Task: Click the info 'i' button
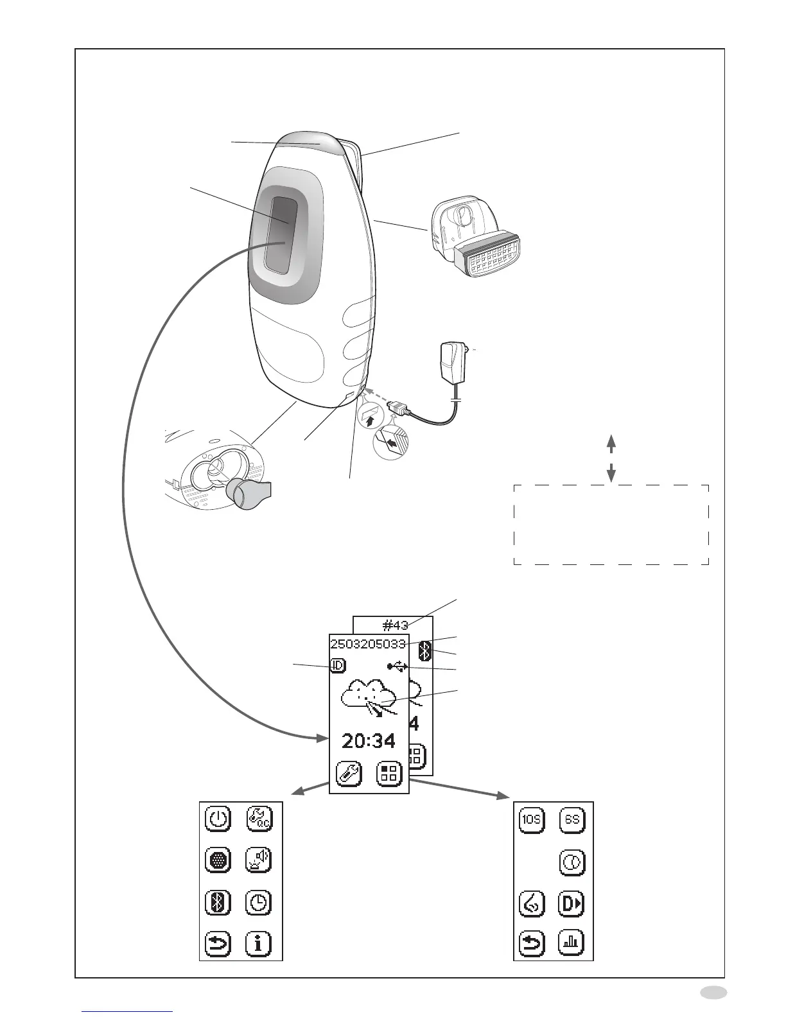[x=258, y=943]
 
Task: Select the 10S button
[x=532, y=819]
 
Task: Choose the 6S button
[x=572, y=819]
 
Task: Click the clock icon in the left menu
[x=258, y=903]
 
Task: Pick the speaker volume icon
[x=258, y=860]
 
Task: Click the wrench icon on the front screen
[x=348, y=774]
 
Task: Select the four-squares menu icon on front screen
[x=389, y=774]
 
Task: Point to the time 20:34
[x=369, y=741]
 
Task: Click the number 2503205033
[x=367, y=644]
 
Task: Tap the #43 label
[x=395, y=625]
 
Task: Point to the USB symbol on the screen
[x=397, y=667]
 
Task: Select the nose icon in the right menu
[x=532, y=903]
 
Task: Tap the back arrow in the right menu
[x=532, y=943]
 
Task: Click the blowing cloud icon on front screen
[x=369, y=699]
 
